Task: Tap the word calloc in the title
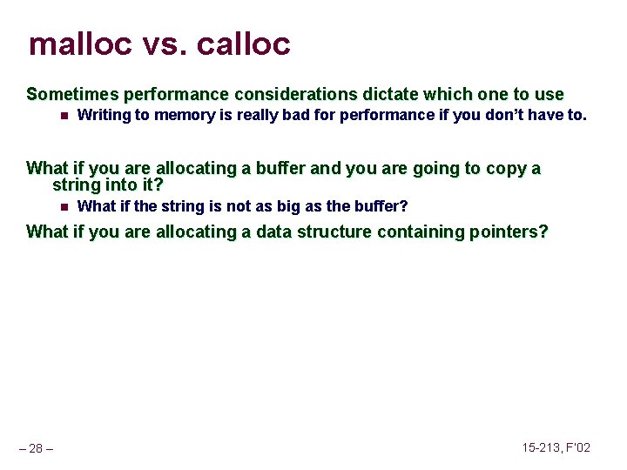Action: point(246,44)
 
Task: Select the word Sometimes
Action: point(73,94)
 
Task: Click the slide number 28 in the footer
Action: point(36,448)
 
